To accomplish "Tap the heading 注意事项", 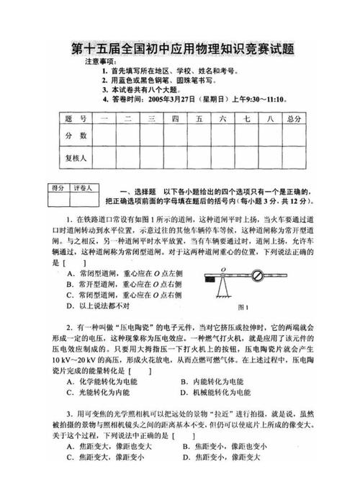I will coord(101,63).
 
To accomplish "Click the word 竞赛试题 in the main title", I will coord(266,50).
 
